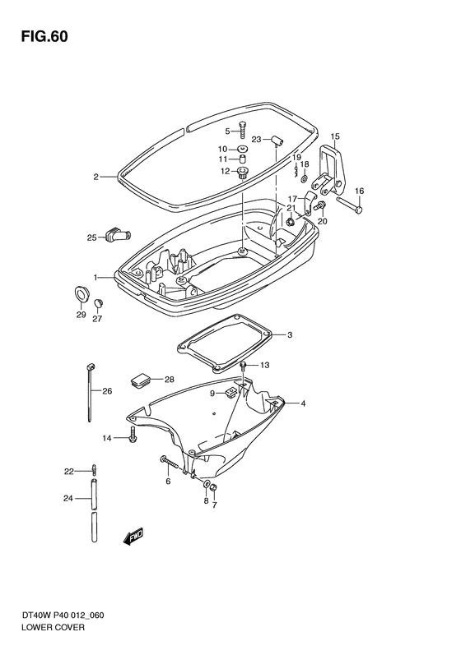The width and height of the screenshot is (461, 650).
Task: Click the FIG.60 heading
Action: pos(44,36)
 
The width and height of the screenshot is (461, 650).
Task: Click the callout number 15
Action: pos(335,136)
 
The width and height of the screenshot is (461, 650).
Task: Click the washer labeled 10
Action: pos(242,149)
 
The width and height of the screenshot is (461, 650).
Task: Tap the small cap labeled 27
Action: pos(98,303)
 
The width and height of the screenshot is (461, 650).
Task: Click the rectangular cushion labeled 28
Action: pos(141,379)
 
